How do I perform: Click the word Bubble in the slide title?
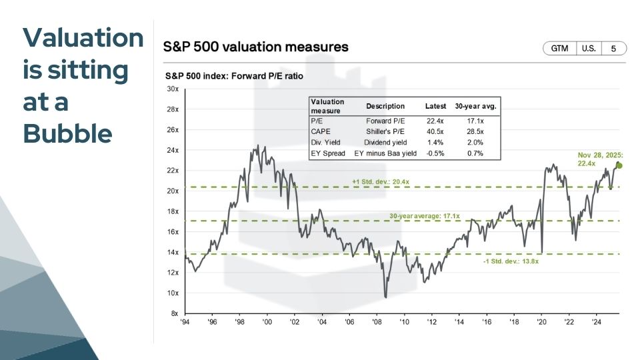coord(67,134)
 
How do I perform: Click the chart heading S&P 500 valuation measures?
coord(255,47)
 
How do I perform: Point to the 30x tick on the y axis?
coord(172,89)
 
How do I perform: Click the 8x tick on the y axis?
coord(173,313)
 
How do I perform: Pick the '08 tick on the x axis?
coord(378,322)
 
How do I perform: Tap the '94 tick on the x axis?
coord(185,322)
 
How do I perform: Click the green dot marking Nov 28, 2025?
coord(619,166)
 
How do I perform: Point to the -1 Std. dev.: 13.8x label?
coord(511,261)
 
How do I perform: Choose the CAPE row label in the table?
coord(321,132)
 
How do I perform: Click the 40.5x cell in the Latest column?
coord(435,132)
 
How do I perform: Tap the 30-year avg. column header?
coord(476,107)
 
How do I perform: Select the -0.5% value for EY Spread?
coord(435,153)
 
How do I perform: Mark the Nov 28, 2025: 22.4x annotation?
coord(599,159)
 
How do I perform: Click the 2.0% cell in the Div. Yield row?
coord(476,143)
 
